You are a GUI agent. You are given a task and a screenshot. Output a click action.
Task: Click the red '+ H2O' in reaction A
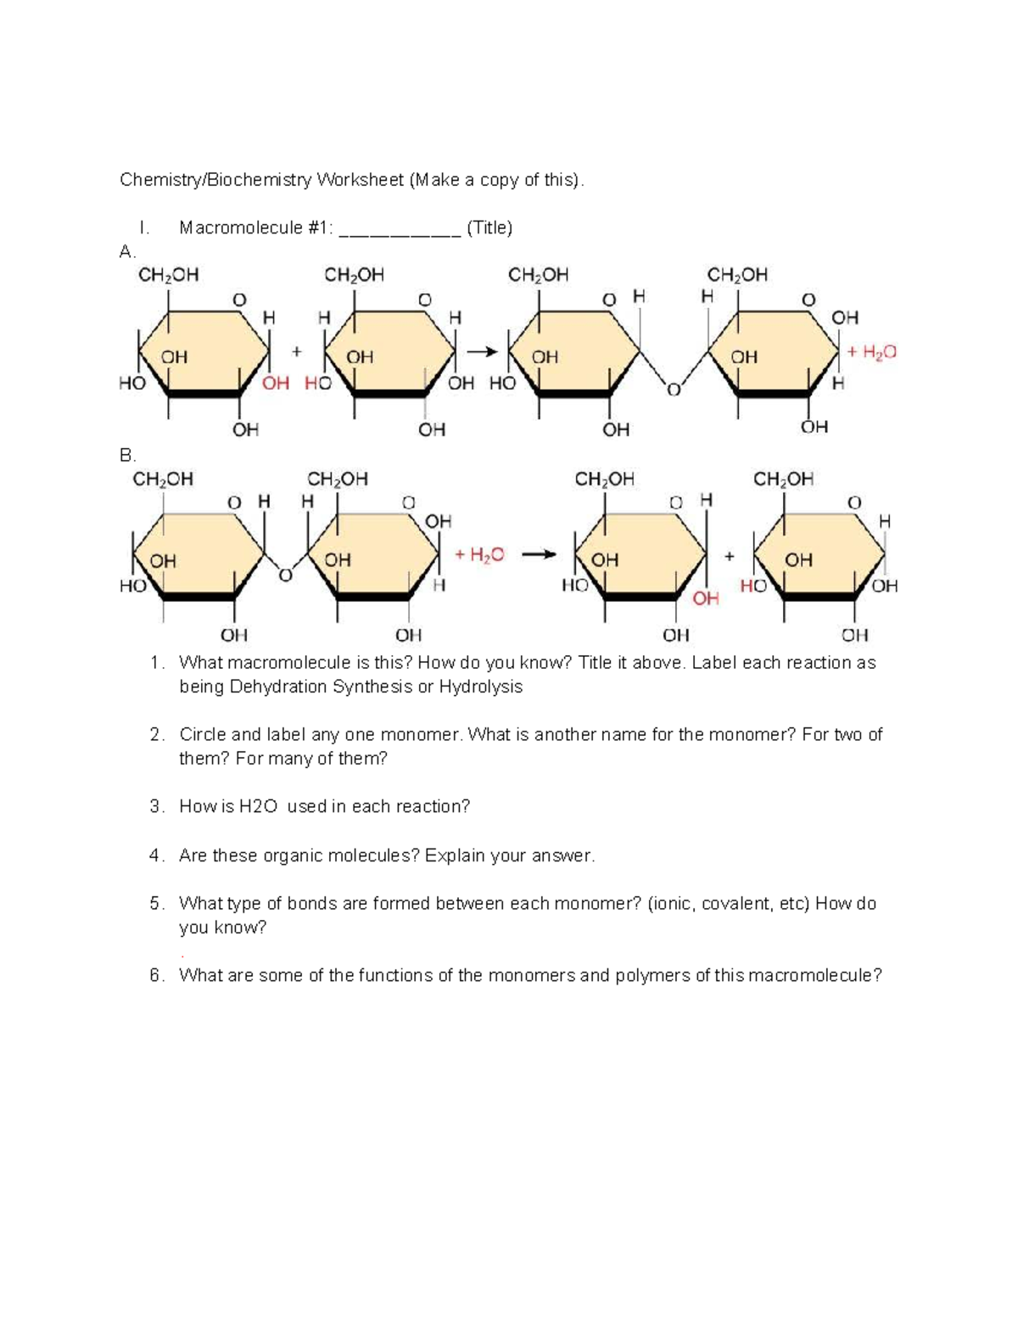pos(871,352)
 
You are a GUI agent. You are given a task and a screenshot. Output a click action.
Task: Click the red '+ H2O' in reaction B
pos(479,555)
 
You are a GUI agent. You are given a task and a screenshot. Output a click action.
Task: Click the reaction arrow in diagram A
pos(482,351)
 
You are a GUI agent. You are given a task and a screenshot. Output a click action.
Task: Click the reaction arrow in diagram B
pos(539,555)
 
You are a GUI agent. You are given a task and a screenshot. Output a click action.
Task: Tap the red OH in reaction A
pos(276,384)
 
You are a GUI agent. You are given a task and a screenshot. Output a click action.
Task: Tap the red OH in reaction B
pos(706,599)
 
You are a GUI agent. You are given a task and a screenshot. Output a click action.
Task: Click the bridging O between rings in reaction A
pos(674,390)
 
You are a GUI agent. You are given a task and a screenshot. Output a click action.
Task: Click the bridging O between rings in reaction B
pos(286,576)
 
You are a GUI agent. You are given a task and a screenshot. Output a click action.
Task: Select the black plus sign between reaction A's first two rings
pos(296,351)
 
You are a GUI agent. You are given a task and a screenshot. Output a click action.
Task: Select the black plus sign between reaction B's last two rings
pos(729,557)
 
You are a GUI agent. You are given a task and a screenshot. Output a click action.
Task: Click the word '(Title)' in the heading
pos(489,227)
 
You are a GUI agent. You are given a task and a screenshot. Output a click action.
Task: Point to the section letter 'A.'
pos(127,252)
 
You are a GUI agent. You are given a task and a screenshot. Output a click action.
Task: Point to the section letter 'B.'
pos(127,456)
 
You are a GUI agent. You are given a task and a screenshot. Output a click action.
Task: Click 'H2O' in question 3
pos(258,807)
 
